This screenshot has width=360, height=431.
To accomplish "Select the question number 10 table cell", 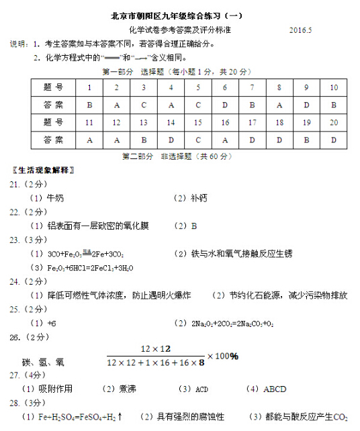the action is click(333, 88).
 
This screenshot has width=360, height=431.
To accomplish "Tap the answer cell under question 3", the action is click(143, 105).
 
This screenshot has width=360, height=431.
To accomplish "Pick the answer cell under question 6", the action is click(225, 105).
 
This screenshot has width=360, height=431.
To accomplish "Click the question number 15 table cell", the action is click(197, 123).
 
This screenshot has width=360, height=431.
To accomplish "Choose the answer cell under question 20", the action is click(333, 140).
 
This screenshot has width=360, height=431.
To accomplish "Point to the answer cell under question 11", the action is click(89, 140).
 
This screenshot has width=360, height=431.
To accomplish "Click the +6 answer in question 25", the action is click(52, 323).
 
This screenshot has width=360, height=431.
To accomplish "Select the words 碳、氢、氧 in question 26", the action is click(43, 363).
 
